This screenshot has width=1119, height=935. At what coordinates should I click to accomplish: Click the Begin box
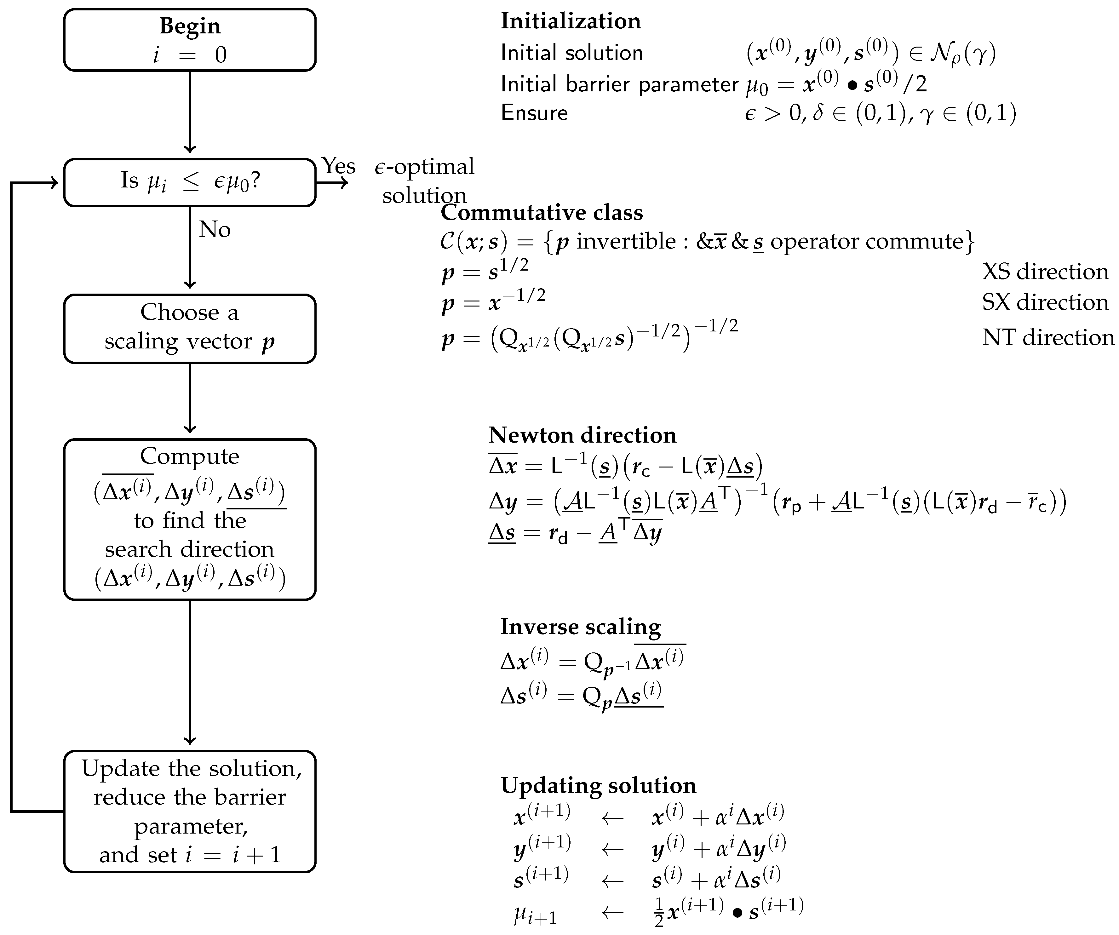pos(190,40)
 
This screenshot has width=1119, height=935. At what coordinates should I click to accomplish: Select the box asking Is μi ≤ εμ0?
pos(190,182)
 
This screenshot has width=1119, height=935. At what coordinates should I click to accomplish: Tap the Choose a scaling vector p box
pos(190,328)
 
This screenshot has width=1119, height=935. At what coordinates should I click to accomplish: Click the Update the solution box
pos(190,811)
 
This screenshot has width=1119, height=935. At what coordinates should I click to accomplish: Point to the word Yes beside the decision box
pos(338,166)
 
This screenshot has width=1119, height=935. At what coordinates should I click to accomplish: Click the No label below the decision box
pos(214,230)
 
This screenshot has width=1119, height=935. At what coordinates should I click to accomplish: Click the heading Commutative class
pos(541,213)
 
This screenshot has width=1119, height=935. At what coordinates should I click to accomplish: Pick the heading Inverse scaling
pos(580,627)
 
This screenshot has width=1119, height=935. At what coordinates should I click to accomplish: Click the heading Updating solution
pos(598,785)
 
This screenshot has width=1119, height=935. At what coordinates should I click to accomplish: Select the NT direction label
pos(1047,337)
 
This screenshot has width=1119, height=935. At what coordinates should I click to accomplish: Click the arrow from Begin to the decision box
pos(190,112)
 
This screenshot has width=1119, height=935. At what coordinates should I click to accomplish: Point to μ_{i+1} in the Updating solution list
pos(535,915)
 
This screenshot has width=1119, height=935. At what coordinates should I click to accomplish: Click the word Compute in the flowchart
pos(190,456)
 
